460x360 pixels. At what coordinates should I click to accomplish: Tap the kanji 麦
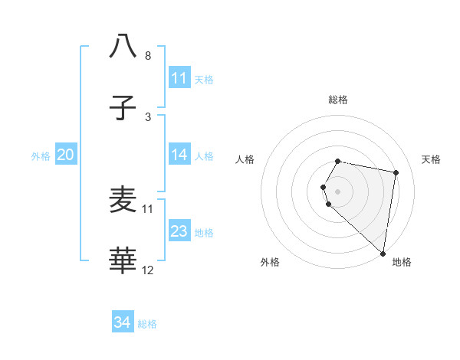[x=123, y=200]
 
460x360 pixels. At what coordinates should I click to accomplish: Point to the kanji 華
[x=123, y=261]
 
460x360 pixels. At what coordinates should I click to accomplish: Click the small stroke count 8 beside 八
[x=148, y=56]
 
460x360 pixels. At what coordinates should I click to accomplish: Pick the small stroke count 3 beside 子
[x=148, y=117]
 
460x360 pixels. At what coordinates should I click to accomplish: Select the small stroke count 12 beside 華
[x=148, y=270]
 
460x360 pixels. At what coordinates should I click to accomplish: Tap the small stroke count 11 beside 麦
[x=148, y=208]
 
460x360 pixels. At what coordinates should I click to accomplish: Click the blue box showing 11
[x=179, y=78]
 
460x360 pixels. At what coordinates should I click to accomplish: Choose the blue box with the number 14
[x=179, y=155]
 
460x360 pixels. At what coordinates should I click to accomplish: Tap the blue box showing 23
[x=179, y=231]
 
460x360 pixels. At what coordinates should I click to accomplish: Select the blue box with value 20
[x=65, y=155]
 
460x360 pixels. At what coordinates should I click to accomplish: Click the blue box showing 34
[x=123, y=322]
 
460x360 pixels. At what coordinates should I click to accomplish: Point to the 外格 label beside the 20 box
[x=41, y=156]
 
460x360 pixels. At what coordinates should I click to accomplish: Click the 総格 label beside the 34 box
[x=147, y=324]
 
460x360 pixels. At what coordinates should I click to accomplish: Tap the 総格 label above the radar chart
[x=338, y=100]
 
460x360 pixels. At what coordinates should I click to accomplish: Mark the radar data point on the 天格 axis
[x=396, y=173]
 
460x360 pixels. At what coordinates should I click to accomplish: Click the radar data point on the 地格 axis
[x=383, y=253]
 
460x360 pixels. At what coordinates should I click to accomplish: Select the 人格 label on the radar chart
[x=245, y=159]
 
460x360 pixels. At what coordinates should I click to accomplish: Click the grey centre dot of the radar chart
[x=338, y=191]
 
